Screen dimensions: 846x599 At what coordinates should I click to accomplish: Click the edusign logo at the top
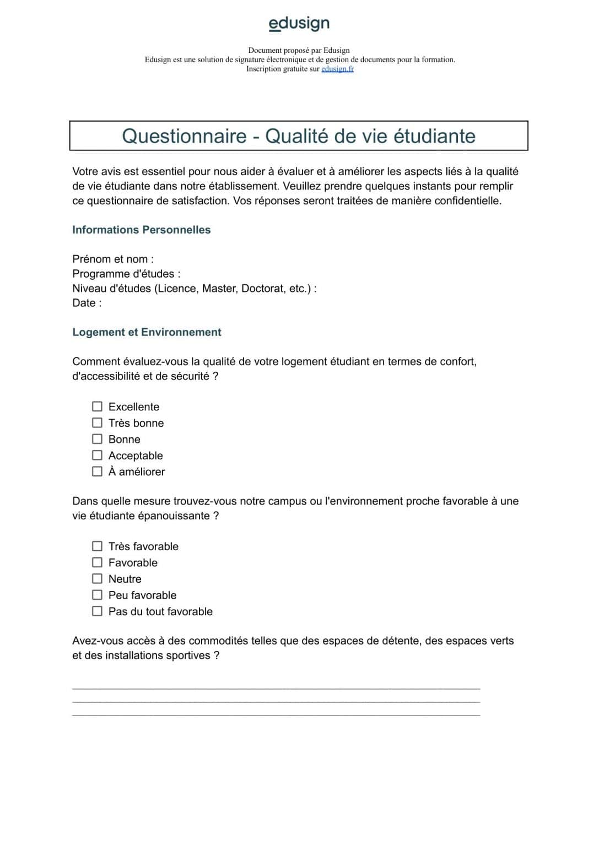pyautogui.click(x=299, y=23)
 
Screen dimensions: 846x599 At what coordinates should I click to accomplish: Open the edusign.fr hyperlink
pyautogui.click(x=337, y=69)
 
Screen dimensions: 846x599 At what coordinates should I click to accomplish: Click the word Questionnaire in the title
pyautogui.click(x=184, y=136)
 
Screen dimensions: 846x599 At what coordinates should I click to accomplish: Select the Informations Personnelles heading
pyautogui.click(x=141, y=230)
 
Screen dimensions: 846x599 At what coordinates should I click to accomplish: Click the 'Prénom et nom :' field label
pyautogui.click(x=113, y=259)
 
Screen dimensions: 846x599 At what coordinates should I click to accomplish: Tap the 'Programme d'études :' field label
pyautogui.click(x=126, y=274)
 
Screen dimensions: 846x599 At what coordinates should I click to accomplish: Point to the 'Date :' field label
pyautogui.click(x=87, y=303)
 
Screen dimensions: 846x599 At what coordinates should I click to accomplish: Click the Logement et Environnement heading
pyautogui.click(x=147, y=332)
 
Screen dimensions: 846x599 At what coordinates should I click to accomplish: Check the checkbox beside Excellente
pyautogui.click(x=97, y=406)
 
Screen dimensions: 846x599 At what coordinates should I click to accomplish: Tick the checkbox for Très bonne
pyautogui.click(x=97, y=422)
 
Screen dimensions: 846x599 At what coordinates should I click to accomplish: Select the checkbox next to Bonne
pyautogui.click(x=97, y=439)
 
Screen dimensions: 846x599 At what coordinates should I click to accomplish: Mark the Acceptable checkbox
pyautogui.click(x=97, y=455)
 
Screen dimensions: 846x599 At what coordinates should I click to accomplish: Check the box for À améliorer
pyautogui.click(x=97, y=471)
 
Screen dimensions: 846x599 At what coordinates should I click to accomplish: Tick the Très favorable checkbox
pyautogui.click(x=97, y=546)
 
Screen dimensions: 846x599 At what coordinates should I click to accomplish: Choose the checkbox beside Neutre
pyautogui.click(x=97, y=578)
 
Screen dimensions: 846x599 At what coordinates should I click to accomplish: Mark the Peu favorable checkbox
pyautogui.click(x=97, y=595)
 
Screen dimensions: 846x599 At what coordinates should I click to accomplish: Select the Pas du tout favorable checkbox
pyautogui.click(x=97, y=611)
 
